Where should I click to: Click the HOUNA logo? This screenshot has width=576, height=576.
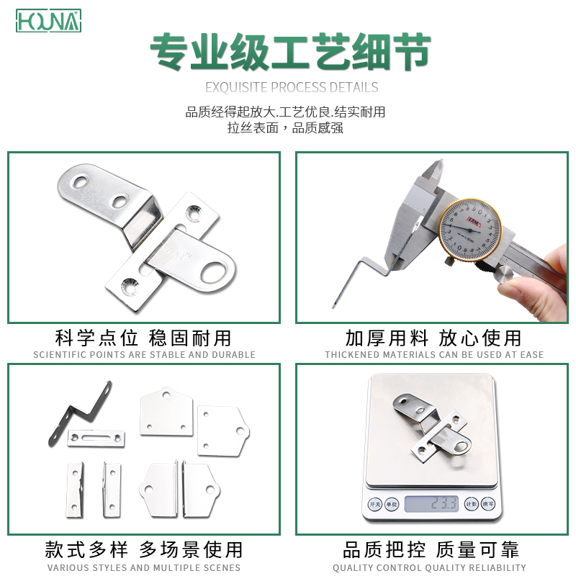pos(49,21)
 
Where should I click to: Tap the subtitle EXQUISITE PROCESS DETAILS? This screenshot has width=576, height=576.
pos(292,88)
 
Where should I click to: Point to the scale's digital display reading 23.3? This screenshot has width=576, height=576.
pos(431,503)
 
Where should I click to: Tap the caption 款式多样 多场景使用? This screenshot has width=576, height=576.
pos(144,550)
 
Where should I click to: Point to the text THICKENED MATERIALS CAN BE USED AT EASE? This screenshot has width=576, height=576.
pos(434,355)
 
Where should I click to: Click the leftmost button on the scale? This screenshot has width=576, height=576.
pos(374,503)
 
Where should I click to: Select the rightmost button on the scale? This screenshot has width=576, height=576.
pos(487,503)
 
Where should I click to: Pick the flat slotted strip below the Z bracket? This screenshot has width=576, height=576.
pos(96,438)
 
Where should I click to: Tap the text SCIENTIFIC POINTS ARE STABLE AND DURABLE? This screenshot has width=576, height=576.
pos(144,355)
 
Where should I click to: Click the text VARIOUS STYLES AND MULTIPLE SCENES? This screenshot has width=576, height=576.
pos(144,567)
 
